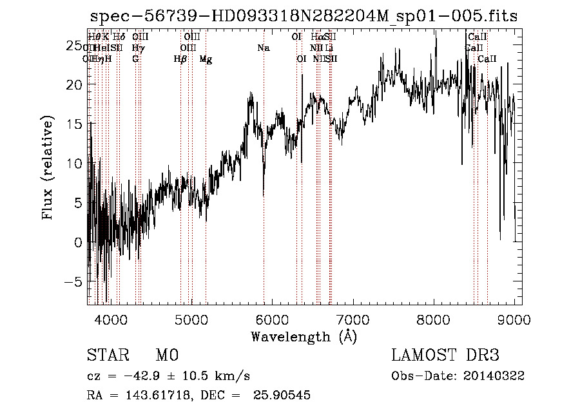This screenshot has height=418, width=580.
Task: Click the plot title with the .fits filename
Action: coord(304,16)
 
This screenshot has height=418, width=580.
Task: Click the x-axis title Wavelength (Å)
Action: coord(304,336)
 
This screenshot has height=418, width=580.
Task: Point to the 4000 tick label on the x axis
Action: coord(110,318)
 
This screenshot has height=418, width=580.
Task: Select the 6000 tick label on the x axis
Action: coord(272,318)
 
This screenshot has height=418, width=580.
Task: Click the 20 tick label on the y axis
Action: coord(75,84)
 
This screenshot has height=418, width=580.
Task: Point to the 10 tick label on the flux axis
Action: coord(75,164)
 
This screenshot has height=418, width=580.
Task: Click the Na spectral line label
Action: coord(263,48)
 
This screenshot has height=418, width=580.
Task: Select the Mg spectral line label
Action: coord(206,59)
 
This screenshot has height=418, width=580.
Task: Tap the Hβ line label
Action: coord(180,59)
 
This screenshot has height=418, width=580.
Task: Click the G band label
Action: coord(135,59)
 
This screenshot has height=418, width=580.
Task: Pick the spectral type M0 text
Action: coord(166,356)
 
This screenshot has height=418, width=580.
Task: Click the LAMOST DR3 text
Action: coord(445,356)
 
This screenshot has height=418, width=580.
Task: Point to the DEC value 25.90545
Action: coord(283,395)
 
